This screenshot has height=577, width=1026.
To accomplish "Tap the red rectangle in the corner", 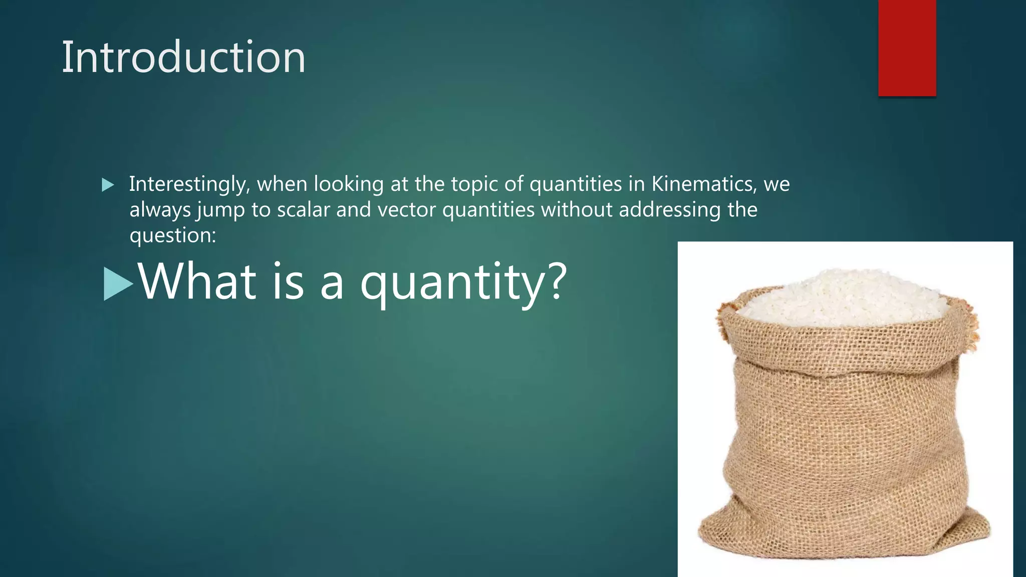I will point(907,48).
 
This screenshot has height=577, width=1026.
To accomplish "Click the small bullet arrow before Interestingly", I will point(108,185).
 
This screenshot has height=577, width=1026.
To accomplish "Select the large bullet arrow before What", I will point(118,284).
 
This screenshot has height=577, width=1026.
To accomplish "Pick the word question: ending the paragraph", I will point(172,235).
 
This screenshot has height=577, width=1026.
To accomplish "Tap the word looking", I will point(349,184).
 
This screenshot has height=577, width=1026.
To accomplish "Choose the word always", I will point(160,210).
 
